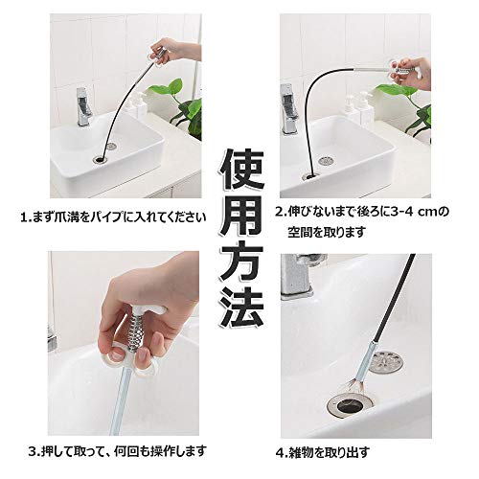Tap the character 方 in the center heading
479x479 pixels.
tap(241, 262)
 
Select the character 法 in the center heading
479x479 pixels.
tap(241, 308)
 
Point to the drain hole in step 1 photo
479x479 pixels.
tap(102, 159)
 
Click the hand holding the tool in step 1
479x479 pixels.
tap(175, 50)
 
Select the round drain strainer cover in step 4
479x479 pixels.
tap(386, 361)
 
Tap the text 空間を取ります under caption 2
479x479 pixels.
tap(327, 232)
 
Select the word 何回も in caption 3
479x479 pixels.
tap(133, 451)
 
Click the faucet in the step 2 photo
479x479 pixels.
tap(288, 108)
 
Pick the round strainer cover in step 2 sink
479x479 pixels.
tap(325, 160)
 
